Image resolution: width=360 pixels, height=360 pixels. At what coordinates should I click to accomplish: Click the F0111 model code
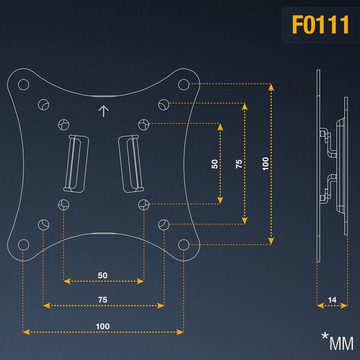tap(320, 25)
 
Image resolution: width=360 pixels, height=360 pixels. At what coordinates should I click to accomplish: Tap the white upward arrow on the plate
tap(103, 111)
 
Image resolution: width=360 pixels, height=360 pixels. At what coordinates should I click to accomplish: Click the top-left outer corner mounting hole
tap(24, 84)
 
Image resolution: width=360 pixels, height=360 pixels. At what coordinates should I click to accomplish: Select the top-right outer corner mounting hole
tap(184, 84)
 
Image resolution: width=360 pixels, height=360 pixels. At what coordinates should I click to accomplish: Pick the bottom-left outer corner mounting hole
tap(24, 245)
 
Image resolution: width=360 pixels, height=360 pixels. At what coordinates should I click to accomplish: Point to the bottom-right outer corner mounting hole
tap(184, 245)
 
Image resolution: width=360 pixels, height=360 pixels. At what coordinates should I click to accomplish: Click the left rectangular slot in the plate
tap(76, 164)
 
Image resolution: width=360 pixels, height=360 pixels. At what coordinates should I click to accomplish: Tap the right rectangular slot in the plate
tap(131, 164)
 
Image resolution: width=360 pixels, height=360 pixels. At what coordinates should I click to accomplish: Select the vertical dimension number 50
tap(214, 164)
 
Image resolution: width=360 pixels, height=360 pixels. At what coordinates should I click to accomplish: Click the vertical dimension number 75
tap(239, 164)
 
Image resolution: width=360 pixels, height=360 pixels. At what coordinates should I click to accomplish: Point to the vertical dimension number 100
tap(265, 164)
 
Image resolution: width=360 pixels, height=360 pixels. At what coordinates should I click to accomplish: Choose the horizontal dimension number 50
tap(103, 275)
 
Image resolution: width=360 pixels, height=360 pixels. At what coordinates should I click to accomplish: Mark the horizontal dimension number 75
tap(103, 300)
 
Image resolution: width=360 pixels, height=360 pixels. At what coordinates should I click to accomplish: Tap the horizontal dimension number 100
tap(103, 326)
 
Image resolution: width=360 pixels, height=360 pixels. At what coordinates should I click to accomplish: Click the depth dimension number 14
tap(332, 300)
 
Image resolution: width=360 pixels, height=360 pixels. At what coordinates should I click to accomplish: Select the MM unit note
tap(341, 344)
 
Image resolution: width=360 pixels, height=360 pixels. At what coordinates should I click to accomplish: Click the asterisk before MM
tap(325, 336)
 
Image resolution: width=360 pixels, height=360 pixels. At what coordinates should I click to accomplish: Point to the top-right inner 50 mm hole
tap(143, 124)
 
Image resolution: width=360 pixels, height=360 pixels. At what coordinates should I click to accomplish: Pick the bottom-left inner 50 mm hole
tap(64, 204)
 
